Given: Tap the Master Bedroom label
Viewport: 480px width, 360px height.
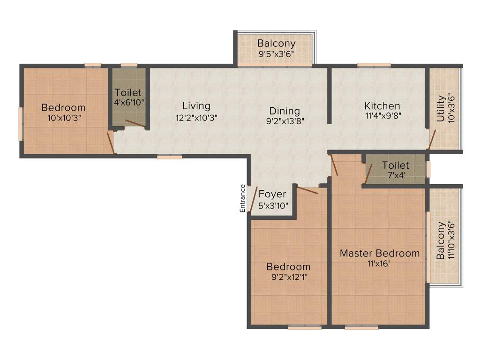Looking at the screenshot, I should tap(379, 254).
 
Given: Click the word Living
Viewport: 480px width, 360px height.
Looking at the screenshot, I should tap(196, 106).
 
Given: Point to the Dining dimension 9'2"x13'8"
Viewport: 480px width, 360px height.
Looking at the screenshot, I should tap(285, 120).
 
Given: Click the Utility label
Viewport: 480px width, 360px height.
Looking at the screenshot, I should tap(441, 109).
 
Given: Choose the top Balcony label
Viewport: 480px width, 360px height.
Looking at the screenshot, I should tap(276, 44).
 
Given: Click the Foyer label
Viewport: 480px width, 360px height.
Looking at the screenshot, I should tap(272, 195).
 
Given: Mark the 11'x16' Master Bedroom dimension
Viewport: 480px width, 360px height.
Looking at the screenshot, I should tap(379, 263).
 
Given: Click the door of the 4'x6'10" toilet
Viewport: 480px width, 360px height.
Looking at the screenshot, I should tap(135, 124).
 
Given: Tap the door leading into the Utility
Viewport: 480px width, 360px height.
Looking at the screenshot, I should tap(432, 139).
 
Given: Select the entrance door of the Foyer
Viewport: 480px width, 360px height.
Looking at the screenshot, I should tap(254, 199).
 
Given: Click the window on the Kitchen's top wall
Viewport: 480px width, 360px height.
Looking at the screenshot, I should tap(374, 65).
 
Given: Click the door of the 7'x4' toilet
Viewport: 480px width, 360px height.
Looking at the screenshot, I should tap(368, 173).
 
